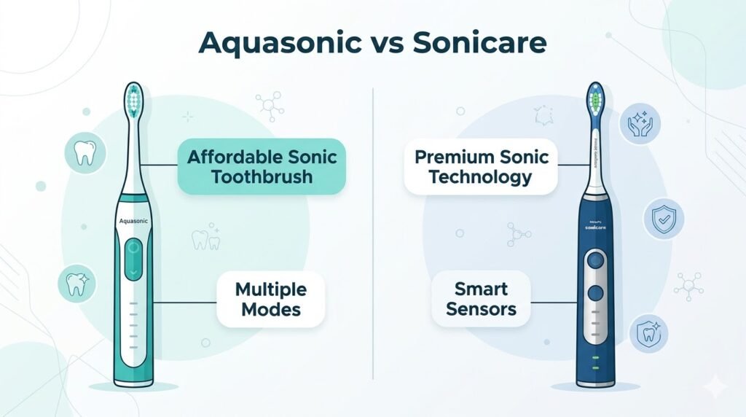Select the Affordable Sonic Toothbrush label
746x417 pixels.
point(262,166)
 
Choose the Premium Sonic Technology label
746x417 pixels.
point(480,166)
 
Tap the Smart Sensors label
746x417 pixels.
point(481,299)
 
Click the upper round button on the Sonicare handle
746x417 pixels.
point(597,260)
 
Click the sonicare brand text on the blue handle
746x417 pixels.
point(596,227)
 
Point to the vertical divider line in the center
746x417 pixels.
point(373,233)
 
